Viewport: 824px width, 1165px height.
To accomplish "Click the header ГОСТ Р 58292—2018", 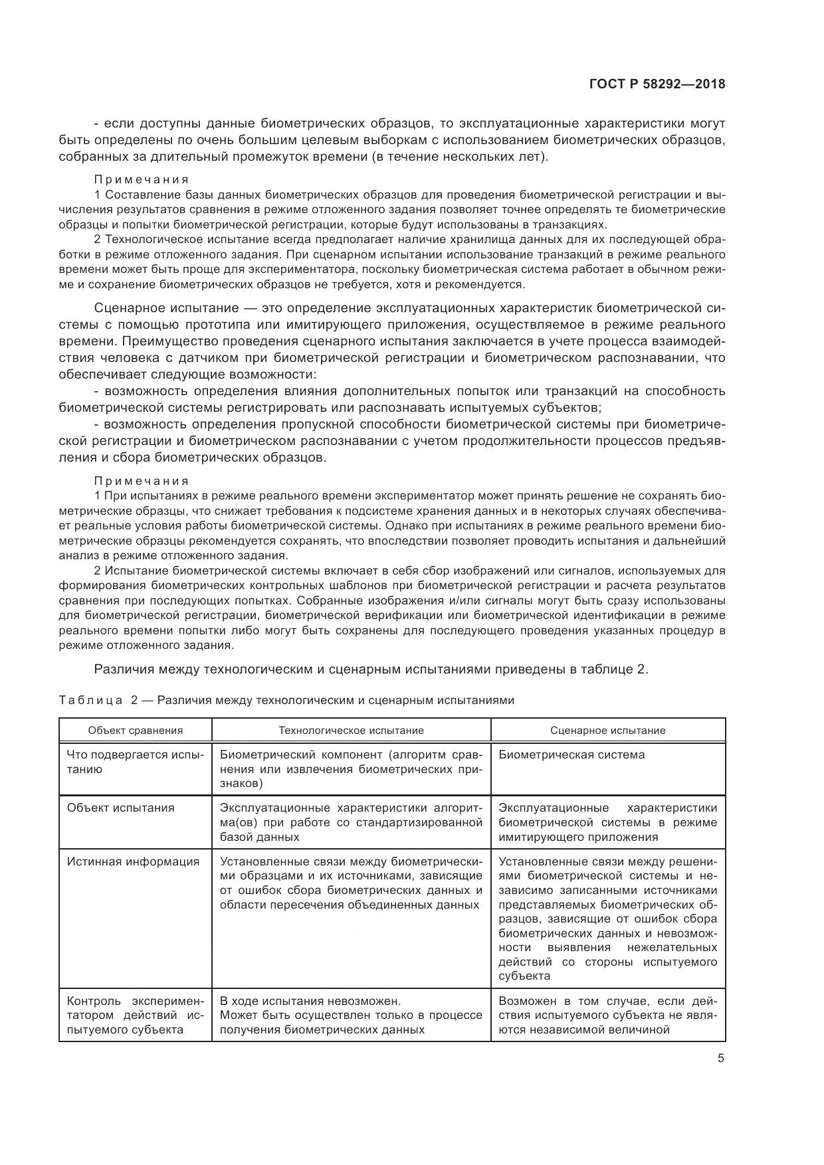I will (x=657, y=84).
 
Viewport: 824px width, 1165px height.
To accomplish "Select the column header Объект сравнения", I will (x=135, y=730).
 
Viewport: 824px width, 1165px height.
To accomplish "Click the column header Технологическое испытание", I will (x=351, y=730).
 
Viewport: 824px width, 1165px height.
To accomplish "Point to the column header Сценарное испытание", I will (x=607, y=730).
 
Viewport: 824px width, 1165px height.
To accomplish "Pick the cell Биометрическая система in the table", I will (x=571, y=755).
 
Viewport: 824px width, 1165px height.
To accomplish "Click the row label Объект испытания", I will (x=120, y=808).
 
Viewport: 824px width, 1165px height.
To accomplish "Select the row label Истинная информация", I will (x=133, y=861).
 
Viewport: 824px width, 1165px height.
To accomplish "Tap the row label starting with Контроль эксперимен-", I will (x=135, y=1015).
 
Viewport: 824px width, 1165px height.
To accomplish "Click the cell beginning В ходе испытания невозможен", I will (x=351, y=1015).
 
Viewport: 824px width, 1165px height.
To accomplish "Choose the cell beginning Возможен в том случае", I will (x=607, y=1015).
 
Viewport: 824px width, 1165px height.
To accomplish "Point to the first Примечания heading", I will (x=142, y=179).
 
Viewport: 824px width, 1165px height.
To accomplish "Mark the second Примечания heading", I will (x=142, y=481).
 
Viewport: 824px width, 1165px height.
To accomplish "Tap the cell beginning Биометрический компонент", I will (x=351, y=768).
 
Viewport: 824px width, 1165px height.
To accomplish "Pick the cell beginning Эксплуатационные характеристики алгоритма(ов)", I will (x=351, y=822).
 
